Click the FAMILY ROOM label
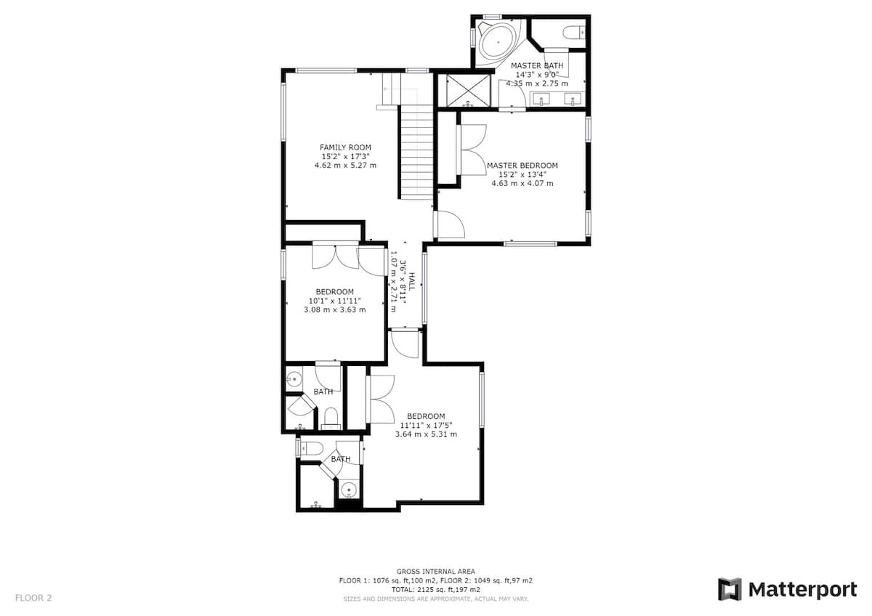(x=345, y=147)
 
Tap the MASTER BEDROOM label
(x=522, y=166)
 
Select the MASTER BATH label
(x=537, y=66)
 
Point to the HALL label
(x=411, y=280)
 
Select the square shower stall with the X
(x=468, y=91)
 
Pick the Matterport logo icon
(x=729, y=589)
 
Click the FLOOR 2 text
(x=33, y=598)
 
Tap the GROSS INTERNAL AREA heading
(x=435, y=571)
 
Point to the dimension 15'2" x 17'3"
(x=345, y=156)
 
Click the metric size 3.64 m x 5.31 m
(x=426, y=434)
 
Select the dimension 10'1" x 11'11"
(x=335, y=301)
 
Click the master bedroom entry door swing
(x=451, y=224)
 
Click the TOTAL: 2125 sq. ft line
(x=435, y=589)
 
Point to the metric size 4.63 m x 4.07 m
(x=522, y=183)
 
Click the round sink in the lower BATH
(x=348, y=490)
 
